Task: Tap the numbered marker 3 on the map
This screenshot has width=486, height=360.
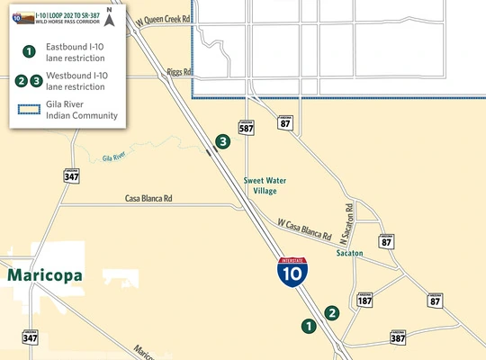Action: (x=222, y=141)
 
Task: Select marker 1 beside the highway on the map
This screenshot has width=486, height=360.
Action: (x=308, y=327)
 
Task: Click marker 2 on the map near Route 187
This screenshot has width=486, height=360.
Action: (x=333, y=313)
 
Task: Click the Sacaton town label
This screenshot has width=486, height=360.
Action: (x=349, y=254)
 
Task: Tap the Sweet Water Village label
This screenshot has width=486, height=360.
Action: (x=265, y=185)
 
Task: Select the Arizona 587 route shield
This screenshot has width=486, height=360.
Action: (x=246, y=126)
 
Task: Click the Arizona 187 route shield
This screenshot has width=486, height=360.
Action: (x=364, y=301)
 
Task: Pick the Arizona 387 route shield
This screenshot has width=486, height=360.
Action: (x=398, y=338)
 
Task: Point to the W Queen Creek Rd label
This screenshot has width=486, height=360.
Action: (x=163, y=20)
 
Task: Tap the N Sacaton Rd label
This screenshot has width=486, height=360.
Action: (x=348, y=220)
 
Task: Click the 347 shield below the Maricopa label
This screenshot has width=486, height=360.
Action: (x=31, y=337)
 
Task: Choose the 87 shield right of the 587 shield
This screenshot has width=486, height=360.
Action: (x=284, y=126)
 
